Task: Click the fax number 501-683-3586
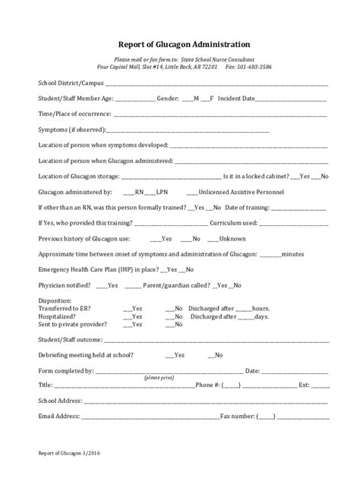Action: [x=253, y=67]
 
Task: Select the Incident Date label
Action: [x=235, y=99]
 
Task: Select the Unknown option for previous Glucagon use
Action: [x=233, y=238]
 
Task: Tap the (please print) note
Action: [x=159, y=377]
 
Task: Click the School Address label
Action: [x=60, y=400]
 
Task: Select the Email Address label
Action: [x=58, y=416]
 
